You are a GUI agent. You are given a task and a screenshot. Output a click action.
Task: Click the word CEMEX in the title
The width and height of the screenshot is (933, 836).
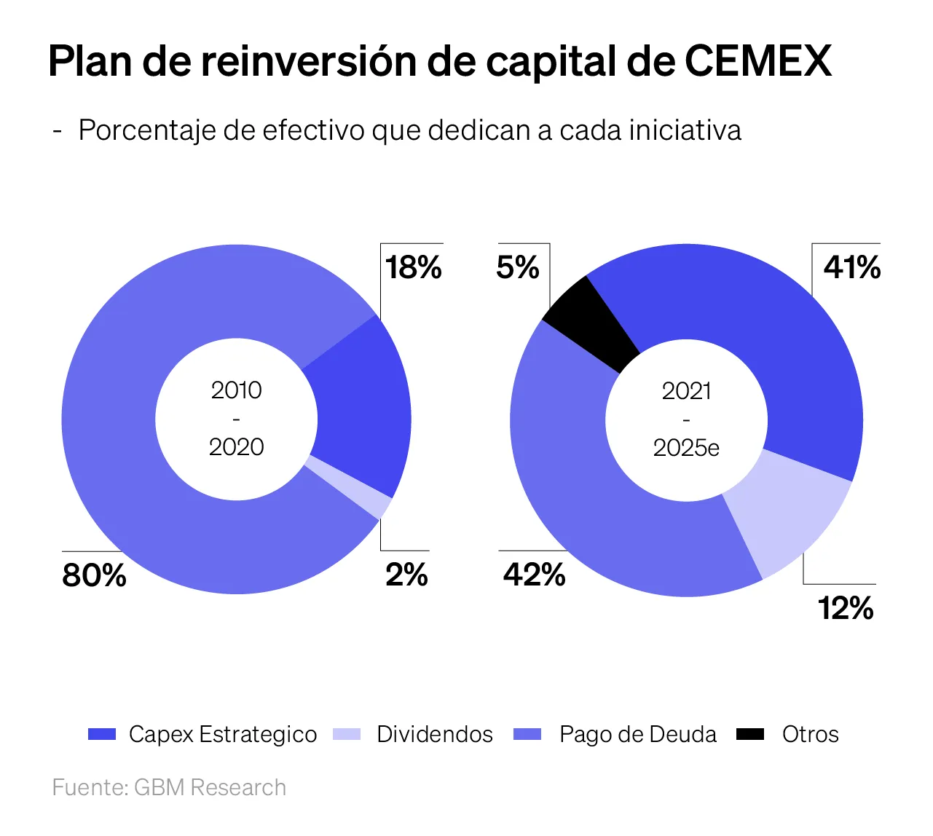[x=757, y=61]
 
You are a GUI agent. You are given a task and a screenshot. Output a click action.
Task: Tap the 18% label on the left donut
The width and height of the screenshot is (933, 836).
[x=414, y=267]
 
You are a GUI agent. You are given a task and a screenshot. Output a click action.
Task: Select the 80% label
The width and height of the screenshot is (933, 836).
[x=95, y=575]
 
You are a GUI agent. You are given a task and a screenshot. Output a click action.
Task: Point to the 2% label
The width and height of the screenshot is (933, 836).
[x=406, y=575]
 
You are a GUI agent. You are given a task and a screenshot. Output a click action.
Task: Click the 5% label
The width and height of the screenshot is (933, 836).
[x=518, y=267]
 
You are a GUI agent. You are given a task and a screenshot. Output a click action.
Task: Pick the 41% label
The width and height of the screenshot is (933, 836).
[x=852, y=267]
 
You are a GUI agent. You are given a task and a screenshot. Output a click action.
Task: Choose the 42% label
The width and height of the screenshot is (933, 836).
[x=535, y=575]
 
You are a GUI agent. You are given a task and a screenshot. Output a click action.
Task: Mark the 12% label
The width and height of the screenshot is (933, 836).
[x=846, y=608]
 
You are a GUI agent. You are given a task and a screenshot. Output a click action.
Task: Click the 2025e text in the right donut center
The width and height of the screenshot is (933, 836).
[x=686, y=447]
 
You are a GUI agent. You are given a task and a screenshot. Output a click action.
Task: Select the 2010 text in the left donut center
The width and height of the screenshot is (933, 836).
[x=237, y=390]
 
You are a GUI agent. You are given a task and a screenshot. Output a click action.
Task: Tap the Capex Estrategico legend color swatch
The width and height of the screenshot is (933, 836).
[x=102, y=734]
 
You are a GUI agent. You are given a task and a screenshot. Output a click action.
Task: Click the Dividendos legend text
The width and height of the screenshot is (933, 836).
[x=435, y=734]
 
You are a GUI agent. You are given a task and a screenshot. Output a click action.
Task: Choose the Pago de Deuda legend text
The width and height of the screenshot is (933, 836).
[x=638, y=734]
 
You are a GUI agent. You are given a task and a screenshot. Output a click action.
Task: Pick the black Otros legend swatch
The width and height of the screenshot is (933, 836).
[x=750, y=734]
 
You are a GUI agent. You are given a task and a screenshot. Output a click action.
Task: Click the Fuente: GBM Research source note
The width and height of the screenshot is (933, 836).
[x=169, y=787]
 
